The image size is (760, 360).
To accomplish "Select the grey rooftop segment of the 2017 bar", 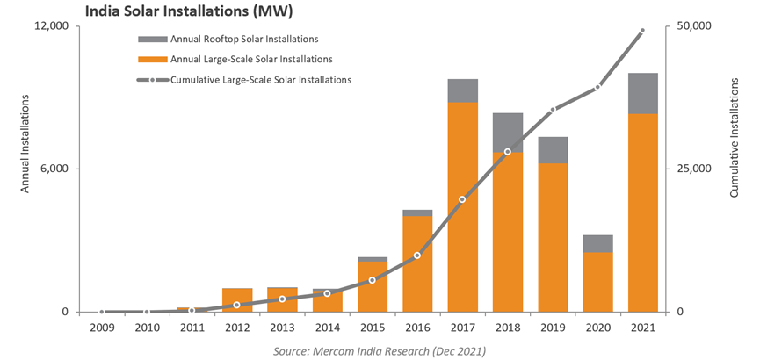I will point(463,90).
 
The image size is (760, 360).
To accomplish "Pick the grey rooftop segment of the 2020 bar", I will point(598,243).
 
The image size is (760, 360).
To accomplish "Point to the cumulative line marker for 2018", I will point(508,152).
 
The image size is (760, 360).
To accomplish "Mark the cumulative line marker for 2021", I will point(643,31).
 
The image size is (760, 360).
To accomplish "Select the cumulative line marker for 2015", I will point(372,280).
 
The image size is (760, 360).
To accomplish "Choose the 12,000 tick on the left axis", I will point(52,26).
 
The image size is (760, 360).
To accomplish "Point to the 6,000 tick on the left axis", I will point(55,169).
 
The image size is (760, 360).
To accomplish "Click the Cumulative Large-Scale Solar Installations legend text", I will point(261,80).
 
